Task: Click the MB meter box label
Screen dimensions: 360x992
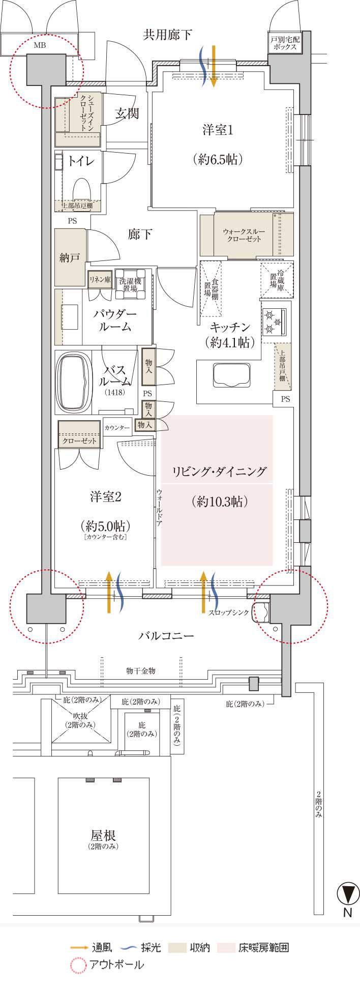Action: (40, 45)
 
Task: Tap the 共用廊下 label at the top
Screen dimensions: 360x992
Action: (167, 35)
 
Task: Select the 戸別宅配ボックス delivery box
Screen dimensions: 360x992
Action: (285, 43)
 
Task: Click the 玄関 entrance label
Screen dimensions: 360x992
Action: (126, 113)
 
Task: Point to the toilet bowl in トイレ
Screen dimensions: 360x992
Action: (81, 189)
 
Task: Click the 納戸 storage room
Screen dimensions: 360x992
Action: (70, 257)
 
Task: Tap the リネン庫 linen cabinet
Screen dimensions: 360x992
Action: (100, 279)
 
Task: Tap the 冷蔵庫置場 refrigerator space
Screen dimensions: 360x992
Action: (277, 280)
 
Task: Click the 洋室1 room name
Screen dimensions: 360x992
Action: (218, 130)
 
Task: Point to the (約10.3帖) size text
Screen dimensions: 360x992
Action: (220, 502)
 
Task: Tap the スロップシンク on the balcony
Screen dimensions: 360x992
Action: (261, 611)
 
